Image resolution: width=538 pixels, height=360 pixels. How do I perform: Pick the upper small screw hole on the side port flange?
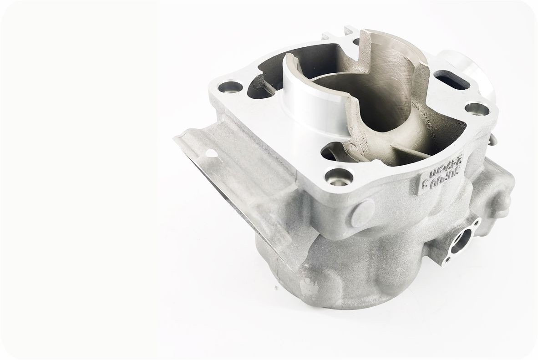click(477, 223)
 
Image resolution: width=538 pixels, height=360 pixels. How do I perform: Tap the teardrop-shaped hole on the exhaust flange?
click(210, 154)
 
